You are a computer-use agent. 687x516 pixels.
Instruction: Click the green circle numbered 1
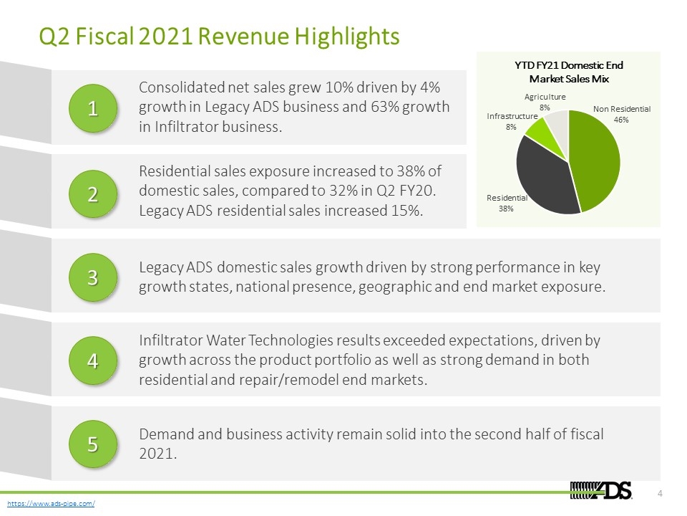point(93,108)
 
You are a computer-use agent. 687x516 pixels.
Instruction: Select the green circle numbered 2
point(93,194)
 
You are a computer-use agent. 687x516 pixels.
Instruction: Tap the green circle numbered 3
point(93,277)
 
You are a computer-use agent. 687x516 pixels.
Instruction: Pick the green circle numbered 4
point(93,360)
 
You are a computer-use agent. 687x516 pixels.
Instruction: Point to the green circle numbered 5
point(93,444)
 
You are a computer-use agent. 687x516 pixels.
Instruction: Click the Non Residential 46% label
point(622,114)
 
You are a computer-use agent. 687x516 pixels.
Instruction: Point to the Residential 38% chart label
point(507,203)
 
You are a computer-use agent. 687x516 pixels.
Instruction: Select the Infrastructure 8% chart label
point(512,122)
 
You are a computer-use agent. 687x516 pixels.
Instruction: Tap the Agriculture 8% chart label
point(545,102)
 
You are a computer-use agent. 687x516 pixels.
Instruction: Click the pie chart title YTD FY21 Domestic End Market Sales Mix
point(569,72)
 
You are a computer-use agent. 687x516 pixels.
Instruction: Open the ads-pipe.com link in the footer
point(51,503)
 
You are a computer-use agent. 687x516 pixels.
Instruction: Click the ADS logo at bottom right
point(601,490)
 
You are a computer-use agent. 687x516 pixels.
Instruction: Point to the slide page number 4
point(661,494)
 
